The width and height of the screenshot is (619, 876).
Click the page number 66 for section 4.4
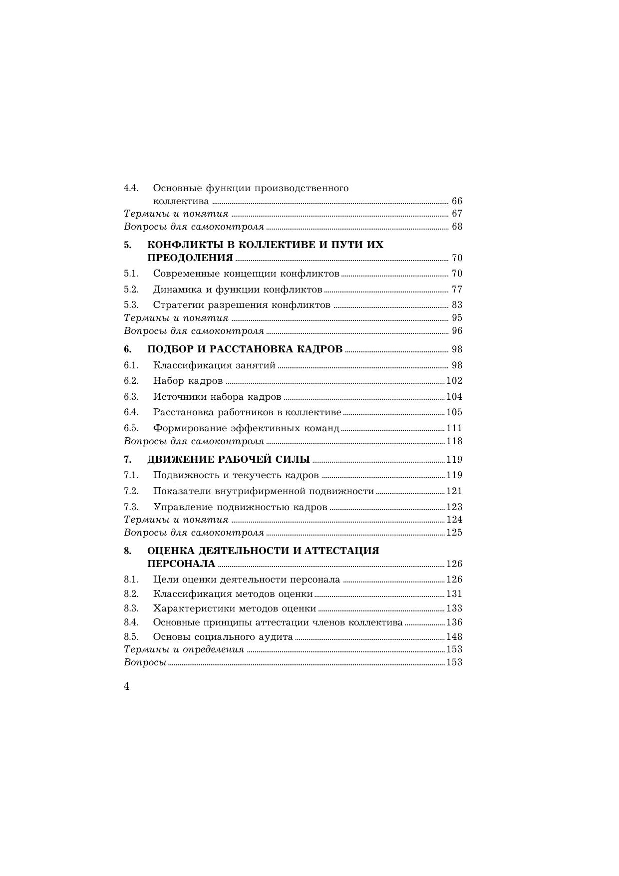pyautogui.click(x=457, y=201)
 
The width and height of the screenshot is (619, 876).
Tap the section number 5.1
pyautogui.click(x=131, y=274)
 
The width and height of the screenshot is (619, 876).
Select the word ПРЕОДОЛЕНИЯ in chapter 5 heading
pyautogui.click(x=190, y=258)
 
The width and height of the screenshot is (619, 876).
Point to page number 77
pyautogui.click(x=457, y=290)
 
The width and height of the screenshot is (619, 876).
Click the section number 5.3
pyautogui.click(x=131, y=305)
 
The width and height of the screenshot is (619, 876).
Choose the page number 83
pyautogui.click(x=457, y=305)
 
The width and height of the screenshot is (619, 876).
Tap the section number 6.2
pyautogui.click(x=131, y=381)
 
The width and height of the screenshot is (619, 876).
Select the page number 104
pyautogui.click(x=454, y=397)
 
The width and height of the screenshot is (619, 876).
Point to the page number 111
pyautogui.click(x=454, y=428)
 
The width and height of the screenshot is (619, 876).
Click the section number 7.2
pyautogui.click(x=131, y=491)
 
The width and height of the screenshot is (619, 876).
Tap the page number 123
pyautogui.click(x=454, y=507)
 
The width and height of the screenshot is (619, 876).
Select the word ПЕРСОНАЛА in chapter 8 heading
pyautogui.click(x=181, y=564)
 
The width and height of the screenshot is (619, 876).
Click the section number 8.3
pyautogui.click(x=131, y=608)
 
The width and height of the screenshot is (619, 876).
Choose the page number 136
pyautogui.click(x=454, y=622)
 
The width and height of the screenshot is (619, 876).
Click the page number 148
pyautogui.click(x=454, y=637)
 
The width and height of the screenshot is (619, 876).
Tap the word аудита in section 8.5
pyautogui.click(x=275, y=637)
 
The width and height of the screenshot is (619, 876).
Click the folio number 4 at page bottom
pyautogui.click(x=127, y=687)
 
